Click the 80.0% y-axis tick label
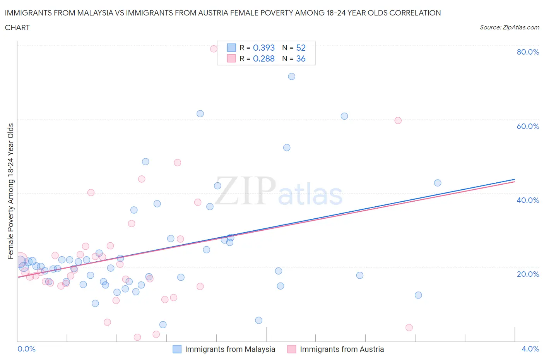tap(528, 52)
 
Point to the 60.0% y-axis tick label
tap(528, 126)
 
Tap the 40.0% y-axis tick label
tap(528, 200)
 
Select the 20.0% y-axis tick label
tap(528, 274)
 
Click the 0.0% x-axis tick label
tap(26, 349)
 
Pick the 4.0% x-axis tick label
tap(530, 349)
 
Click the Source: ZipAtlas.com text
tap(509, 27)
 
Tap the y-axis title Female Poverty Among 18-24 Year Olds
tap(11, 191)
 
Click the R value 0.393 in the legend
tap(263, 48)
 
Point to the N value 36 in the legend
tap(301, 58)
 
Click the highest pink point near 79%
tap(214, 49)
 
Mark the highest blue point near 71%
tap(292, 77)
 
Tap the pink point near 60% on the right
tap(398, 120)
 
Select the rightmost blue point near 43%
tap(438, 183)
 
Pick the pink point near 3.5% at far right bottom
tap(409, 327)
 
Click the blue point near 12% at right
tap(418, 295)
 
